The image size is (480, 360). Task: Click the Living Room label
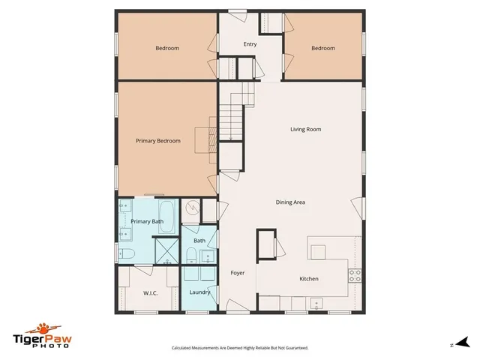click(306, 130)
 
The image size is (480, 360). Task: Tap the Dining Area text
click(289, 202)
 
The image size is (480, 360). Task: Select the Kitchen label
click(309, 279)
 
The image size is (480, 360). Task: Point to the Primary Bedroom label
click(157, 140)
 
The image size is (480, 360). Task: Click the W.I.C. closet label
click(149, 292)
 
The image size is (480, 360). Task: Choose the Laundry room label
click(199, 292)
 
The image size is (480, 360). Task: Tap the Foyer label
click(238, 273)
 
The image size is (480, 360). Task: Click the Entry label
click(250, 44)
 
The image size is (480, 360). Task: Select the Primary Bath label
click(147, 222)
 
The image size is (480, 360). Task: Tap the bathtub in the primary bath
click(169, 217)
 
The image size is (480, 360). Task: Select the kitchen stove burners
click(355, 275)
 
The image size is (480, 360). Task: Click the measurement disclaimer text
click(240, 348)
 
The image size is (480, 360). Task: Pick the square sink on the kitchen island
click(317, 250)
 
